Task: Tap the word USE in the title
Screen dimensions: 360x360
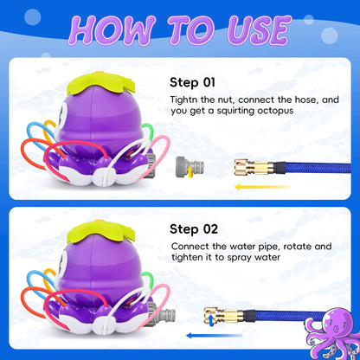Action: [x=250, y=29]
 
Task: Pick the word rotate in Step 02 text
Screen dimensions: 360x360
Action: [x=287, y=247]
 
